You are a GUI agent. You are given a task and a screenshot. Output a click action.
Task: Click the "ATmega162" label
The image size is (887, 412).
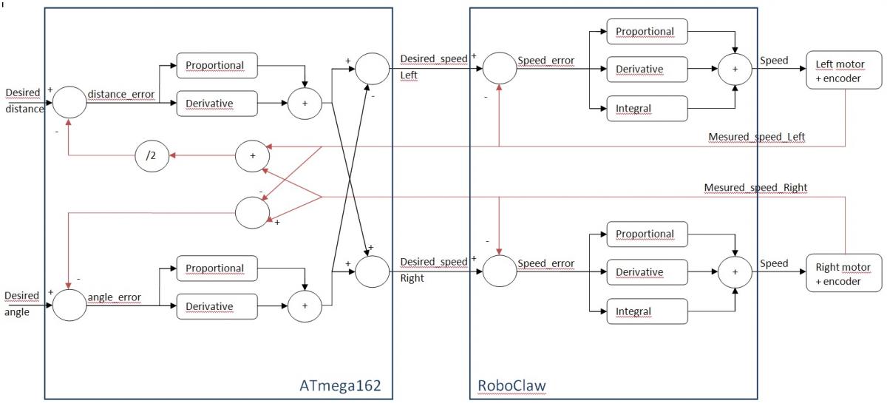(x=340, y=385)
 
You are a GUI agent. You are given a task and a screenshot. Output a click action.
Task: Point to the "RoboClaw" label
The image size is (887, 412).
(x=512, y=385)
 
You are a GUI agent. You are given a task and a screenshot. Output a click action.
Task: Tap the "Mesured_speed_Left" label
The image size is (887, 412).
(x=757, y=137)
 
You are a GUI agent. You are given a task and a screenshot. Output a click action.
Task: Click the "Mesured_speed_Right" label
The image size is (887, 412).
(x=755, y=187)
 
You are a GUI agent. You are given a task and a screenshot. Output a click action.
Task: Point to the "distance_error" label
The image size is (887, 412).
(x=121, y=94)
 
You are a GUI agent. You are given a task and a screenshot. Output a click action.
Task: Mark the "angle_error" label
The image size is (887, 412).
(x=115, y=297)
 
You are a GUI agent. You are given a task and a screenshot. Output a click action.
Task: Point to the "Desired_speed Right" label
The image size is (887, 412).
(x=434, y=270)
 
